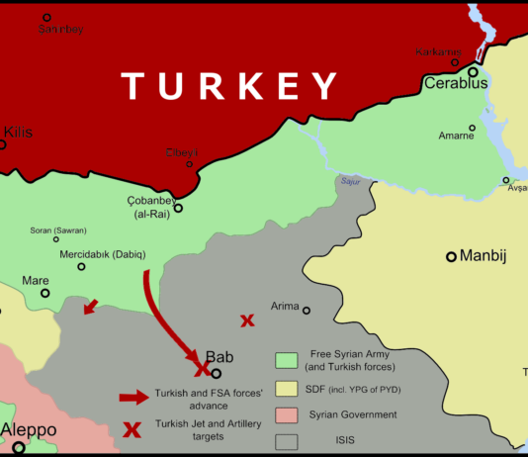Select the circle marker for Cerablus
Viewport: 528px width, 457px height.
pos(474,71)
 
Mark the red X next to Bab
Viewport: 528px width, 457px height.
pos(201,369)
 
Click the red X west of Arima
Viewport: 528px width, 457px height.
pos(247,320)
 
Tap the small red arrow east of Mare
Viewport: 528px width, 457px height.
pos(90,308)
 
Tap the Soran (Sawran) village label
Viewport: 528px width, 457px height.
pos(58,230)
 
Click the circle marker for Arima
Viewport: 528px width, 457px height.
pos(307,311)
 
